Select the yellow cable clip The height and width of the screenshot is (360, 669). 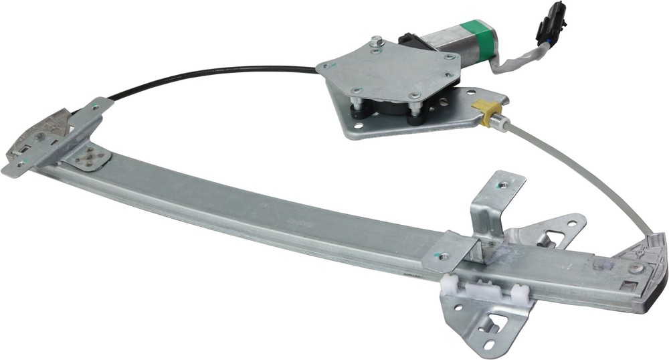[x=486, y=112]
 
